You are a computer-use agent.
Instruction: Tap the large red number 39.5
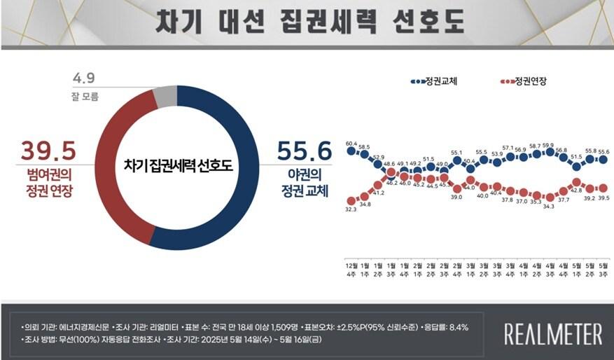pos(48,151)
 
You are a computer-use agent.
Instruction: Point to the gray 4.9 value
pos(84,77)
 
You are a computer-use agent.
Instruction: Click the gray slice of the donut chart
pos(165,97)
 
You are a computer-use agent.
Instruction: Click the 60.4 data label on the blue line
pos(351,142)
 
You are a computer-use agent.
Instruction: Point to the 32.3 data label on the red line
pos(351,209)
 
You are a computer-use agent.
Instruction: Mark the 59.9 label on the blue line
pos(548,145)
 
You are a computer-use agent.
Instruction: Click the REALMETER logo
pos(553,334)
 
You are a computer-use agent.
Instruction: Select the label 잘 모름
pos(85,97)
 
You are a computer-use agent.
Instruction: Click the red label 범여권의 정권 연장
pos(47,181)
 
